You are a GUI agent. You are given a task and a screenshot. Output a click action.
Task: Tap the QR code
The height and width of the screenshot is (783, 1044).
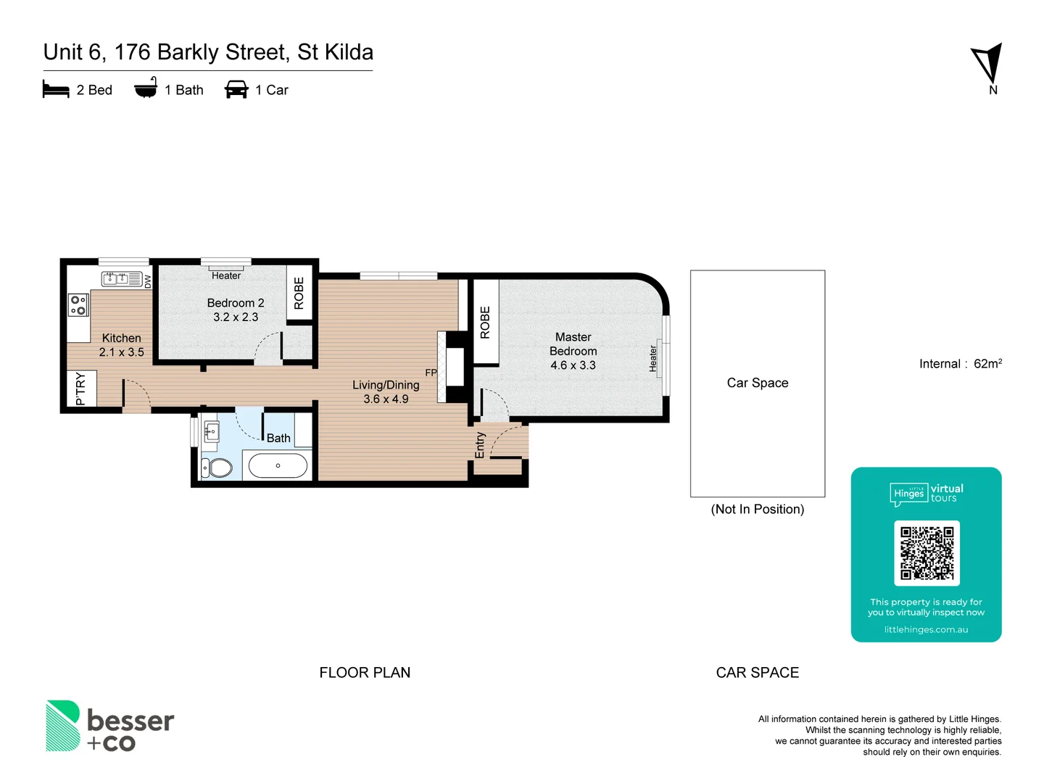[927, 553]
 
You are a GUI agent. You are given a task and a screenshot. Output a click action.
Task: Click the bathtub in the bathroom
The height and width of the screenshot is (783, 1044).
[278, 465]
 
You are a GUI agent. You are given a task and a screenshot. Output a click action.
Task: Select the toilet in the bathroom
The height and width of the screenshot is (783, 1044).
[217, 468]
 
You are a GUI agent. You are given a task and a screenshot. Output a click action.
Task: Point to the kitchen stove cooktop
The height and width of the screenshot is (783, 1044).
[78, 305]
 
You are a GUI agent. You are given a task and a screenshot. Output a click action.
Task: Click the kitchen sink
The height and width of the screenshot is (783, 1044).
[121, 278]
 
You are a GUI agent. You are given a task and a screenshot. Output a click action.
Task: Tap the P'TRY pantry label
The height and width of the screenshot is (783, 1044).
[80, 390]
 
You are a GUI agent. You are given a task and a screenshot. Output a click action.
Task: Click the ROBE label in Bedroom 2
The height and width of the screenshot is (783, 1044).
[299, 294]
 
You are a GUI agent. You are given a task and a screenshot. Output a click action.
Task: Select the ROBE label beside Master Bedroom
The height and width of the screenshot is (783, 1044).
[485, 322]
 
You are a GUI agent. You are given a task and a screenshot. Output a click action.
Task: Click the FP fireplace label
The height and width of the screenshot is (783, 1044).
[431, 373]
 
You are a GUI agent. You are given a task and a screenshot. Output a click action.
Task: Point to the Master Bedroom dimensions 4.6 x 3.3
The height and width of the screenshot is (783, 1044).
[573, 365]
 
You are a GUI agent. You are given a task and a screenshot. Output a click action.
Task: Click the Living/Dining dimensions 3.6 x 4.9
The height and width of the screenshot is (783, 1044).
[386, 399]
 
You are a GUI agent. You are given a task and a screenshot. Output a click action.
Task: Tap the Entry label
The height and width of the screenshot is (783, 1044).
[480, 445]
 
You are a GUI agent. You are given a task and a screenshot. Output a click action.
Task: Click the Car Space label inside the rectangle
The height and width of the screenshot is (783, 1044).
[757, 383]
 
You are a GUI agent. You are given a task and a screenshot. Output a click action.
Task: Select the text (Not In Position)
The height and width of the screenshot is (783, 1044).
[757, 509]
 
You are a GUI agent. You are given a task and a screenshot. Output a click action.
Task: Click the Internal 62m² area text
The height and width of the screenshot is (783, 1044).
[960, 364]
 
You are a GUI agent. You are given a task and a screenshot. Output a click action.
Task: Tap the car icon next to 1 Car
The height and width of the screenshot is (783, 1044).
[236, 90]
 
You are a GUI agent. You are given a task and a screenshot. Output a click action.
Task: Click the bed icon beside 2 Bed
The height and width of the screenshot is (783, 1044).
[56, 90]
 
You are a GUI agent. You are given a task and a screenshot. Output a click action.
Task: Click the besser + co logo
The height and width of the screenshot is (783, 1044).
[109, 726]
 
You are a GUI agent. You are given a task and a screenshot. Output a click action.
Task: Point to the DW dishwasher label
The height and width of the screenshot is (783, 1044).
[148, 281]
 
